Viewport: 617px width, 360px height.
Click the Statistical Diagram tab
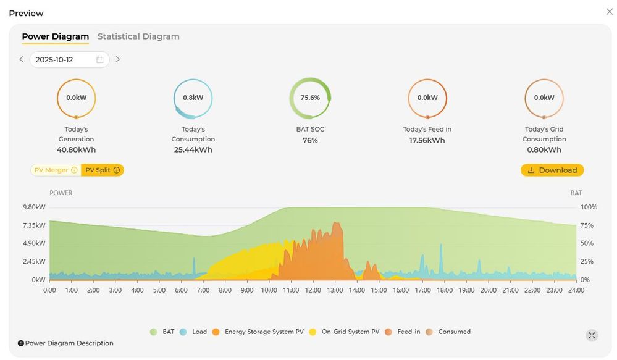[138, 36]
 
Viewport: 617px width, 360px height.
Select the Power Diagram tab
[55, 36]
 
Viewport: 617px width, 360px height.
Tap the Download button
[552, 170]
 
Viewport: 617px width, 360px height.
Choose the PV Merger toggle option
[56, 170]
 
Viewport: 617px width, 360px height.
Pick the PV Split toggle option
[103, 170]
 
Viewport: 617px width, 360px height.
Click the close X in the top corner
[609, 12]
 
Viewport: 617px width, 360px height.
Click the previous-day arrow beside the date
[22, 59]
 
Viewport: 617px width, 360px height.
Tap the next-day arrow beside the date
[118, 59]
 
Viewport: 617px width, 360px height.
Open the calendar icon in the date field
[100, 60]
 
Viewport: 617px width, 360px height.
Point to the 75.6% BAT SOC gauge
[310, 98]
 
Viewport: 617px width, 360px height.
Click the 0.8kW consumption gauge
[193, 98]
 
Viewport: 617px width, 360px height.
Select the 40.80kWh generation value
[76, 149]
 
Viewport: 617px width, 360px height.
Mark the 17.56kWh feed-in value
[427, 140]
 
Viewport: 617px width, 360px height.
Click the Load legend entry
[193, 332]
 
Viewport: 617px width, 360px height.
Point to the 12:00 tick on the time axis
[313, 290]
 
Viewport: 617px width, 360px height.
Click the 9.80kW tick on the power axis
[35, 207]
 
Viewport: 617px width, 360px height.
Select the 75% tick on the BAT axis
[587, 225]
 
